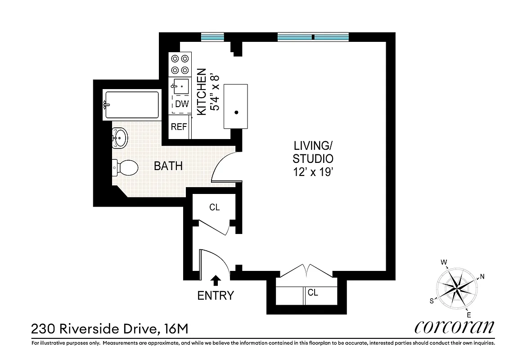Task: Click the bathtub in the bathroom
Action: click(x=131, y=105)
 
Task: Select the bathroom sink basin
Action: click(x=120, y=138)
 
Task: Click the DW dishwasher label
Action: click(x=181, y=104)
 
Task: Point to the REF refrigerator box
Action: click(x=179, y=127)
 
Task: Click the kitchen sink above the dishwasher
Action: click(x=181, y=85)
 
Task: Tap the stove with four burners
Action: click(x=179, y=64)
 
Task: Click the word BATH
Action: click(x=168, y=166)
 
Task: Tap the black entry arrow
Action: click(x=216, y=280)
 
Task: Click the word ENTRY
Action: click(x=216, y=296)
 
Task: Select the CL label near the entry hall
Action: click(x=215, y=207)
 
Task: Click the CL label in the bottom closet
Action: click(x=313, y=293)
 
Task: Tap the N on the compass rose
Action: click(x=482, y=277)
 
